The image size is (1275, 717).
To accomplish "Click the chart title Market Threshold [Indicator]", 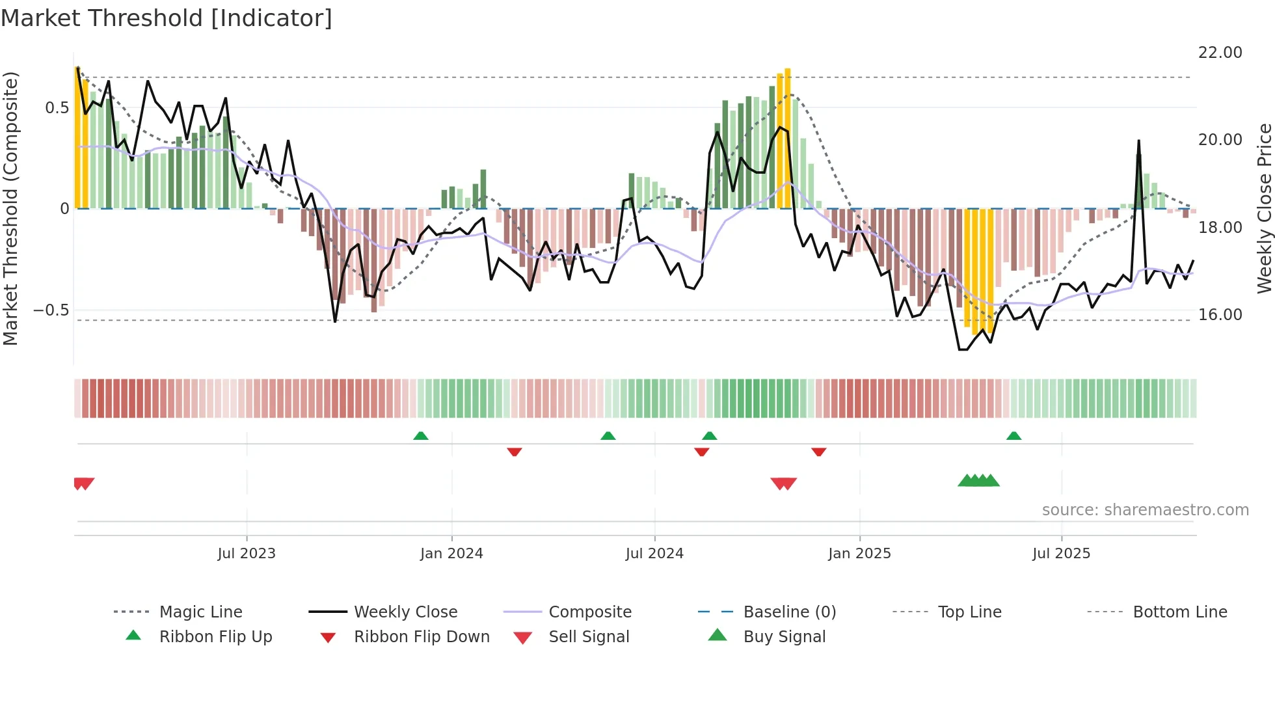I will [167, 18].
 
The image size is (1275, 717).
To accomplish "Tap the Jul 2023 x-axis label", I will [247, 554].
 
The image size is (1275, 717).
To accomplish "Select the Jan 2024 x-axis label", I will [451, 554].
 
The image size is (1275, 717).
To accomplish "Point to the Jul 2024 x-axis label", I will [654, 554].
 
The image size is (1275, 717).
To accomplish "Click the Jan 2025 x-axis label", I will [859, 554].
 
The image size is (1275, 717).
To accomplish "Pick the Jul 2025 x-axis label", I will [1061, 554].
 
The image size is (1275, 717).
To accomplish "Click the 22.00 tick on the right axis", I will [1220, 53].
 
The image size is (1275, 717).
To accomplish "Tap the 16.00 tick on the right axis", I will [1220, 315].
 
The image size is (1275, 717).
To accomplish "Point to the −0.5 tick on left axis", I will [51, 310].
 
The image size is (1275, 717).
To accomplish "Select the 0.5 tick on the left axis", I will [57, 108].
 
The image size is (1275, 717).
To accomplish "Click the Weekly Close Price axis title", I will [1264, 208].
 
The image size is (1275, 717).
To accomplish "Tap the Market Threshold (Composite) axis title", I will [10, 208].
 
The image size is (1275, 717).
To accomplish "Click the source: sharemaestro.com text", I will [1145, 510].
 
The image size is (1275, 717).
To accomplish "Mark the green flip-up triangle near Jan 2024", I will [421, 436].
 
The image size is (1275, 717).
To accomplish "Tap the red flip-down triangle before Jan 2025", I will [818, 452].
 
